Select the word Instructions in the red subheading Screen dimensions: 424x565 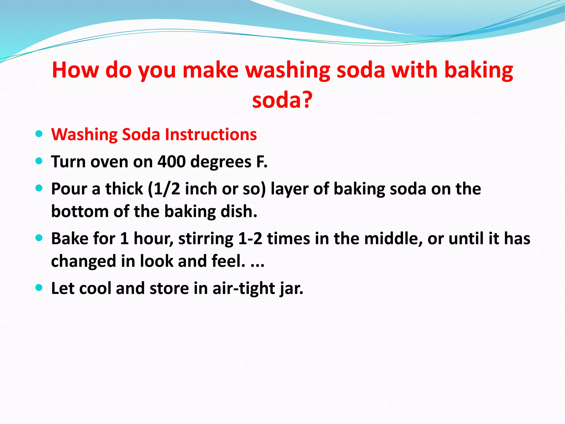click(x=211, y=135)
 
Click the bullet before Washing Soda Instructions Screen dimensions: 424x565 click(x=39, y=134)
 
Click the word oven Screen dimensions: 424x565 click(x=109, y=162)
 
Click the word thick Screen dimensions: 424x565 click(x=124, y=189)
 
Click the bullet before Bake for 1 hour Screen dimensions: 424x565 click(x=39, y=238)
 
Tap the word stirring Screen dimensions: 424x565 click(x=206, y=239)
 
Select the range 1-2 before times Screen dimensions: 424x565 click(x=250, y=239)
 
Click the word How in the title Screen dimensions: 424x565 click(x=75, y=70)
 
